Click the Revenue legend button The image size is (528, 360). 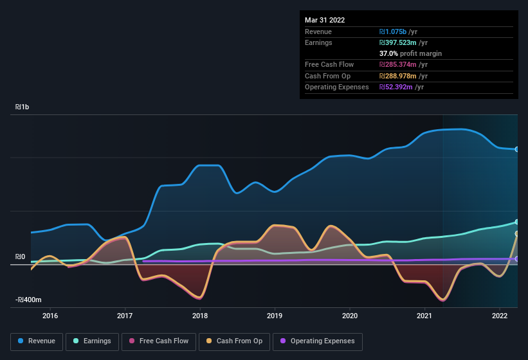tap(37, 341)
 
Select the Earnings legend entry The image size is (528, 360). tap(93, 341)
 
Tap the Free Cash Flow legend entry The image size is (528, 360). tap(158, 341)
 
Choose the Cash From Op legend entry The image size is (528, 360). tap(235, 341)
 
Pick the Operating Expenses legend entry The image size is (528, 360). tap(318, 341)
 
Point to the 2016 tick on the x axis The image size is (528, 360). tap(50, 316)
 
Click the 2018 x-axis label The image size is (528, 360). tap(200, 316)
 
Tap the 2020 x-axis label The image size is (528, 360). tap(350, 316)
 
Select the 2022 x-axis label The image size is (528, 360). tap(500, 316)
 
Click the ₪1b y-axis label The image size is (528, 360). tap(23, 107)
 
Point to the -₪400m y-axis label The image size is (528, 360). tap(29, 300)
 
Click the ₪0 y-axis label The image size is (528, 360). tap(20, 257)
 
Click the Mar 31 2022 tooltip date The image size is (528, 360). tap(325, 20)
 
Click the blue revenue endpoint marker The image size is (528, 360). tap(517, 149)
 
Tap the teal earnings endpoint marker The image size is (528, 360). tap(517, 222)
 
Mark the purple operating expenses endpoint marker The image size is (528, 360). tap(517, 259)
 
